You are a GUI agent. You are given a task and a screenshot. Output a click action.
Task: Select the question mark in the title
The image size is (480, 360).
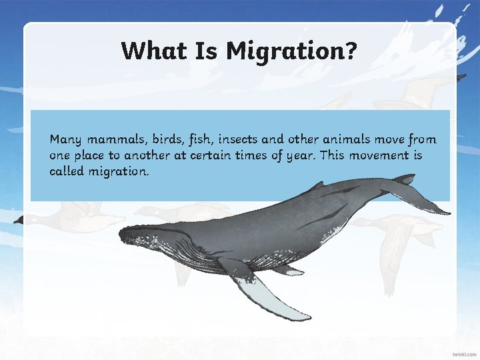(x=350, y=51)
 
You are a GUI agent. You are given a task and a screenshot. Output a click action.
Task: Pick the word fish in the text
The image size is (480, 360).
(x=197, y=139)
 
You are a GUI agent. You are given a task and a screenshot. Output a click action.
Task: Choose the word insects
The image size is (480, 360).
(x=235, y=139)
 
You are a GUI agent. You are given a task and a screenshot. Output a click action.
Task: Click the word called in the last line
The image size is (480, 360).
(x=67, y=171)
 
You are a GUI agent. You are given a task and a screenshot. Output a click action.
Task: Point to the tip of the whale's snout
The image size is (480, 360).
(x=122, y=233)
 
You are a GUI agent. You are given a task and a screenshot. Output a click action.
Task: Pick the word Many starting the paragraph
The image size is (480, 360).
(x=65, y=140)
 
